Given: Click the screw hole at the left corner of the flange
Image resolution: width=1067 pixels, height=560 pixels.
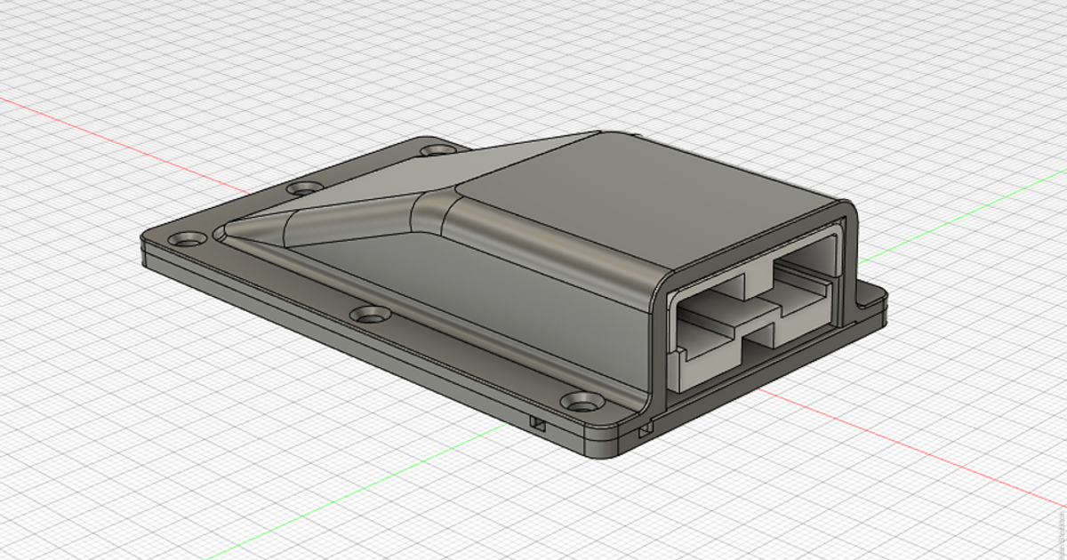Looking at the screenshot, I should click(x=188, y=239).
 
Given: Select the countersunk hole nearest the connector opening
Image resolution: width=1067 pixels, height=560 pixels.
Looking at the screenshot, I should click(x=582, y=403).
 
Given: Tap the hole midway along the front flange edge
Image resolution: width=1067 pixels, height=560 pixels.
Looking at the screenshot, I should click(x=369, y=314).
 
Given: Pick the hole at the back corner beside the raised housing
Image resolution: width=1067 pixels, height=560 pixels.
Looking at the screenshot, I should click(x=436, y=150).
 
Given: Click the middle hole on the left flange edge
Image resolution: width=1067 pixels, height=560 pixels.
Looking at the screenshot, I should click(x=305, y=188).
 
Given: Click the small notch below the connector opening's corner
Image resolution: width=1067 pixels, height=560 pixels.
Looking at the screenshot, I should click(x=644, y=431).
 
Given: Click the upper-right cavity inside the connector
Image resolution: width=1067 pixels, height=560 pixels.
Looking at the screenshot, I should click(x=805, y=263).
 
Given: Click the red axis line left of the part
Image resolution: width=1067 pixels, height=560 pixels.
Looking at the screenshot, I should click(x=124, y=142).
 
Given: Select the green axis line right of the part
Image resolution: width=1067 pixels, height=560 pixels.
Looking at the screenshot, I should click(x=960, y=213).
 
